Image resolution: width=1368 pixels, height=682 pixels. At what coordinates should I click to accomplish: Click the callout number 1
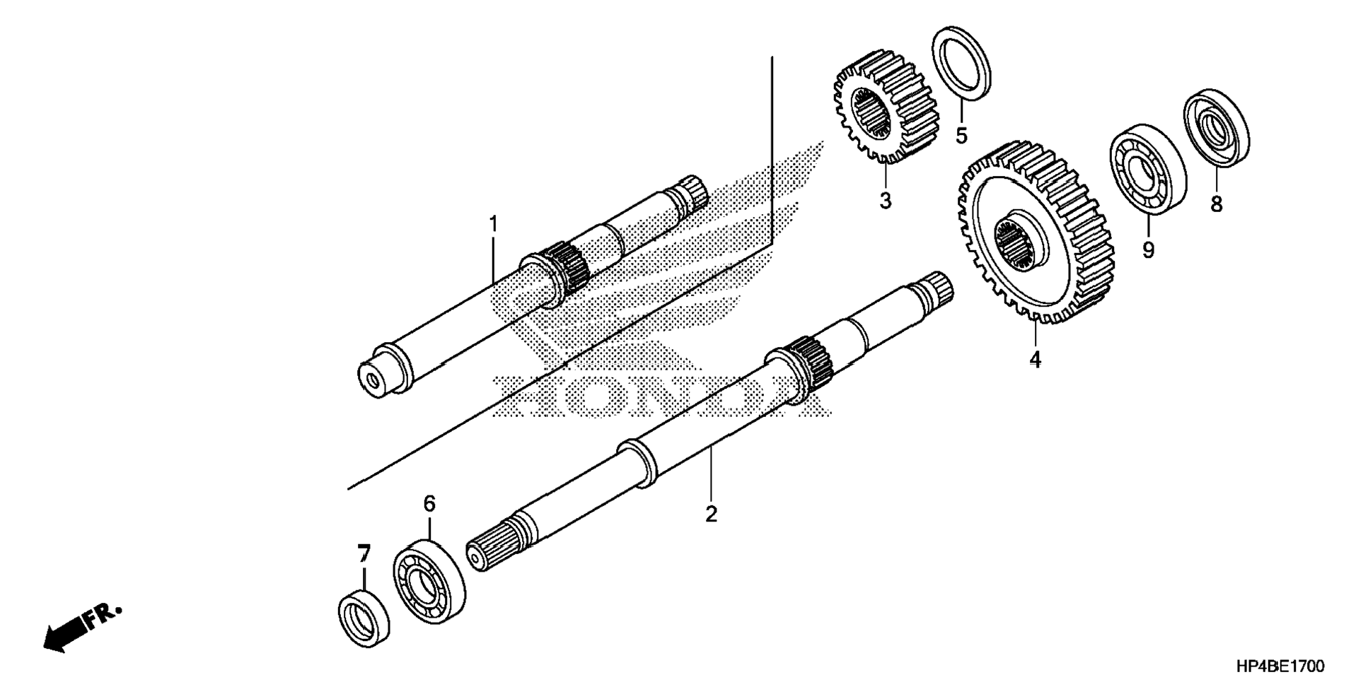point(493,224)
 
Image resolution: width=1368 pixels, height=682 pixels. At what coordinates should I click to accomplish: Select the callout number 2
point(711,514)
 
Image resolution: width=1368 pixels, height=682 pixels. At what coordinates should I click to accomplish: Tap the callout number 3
point(885,201)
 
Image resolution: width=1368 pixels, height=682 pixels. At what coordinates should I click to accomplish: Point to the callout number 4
point(1035,360)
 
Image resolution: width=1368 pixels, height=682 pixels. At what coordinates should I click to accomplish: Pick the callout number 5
point(961,134)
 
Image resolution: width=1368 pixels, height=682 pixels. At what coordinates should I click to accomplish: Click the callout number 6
point(429,504)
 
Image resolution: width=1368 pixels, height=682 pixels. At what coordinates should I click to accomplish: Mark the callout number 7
point(364,553)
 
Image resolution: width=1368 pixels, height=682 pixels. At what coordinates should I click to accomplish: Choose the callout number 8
point(1216,204)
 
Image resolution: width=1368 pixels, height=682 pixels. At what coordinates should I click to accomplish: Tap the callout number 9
point(1148,249)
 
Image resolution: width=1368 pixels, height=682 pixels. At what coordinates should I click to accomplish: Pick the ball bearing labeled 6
point(429,580)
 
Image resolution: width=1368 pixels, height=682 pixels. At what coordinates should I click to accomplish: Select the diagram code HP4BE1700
point(1280,666)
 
